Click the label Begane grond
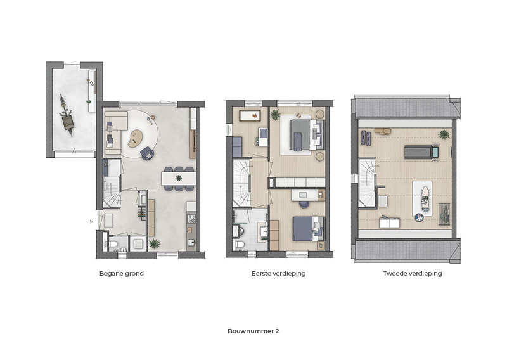121,274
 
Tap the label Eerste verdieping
278,274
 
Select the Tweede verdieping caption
413,274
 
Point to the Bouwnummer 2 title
253,331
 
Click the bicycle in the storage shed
67,115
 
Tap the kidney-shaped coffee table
136,139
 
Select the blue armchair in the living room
147,153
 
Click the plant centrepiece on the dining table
179,177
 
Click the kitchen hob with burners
191,219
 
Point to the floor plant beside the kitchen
154,243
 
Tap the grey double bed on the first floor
304,135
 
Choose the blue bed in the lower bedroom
306,229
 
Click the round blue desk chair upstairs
304,204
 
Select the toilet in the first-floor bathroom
240,244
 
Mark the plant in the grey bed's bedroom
275,114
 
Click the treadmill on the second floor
421,151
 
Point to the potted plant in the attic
444,134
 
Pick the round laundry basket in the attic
419,217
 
